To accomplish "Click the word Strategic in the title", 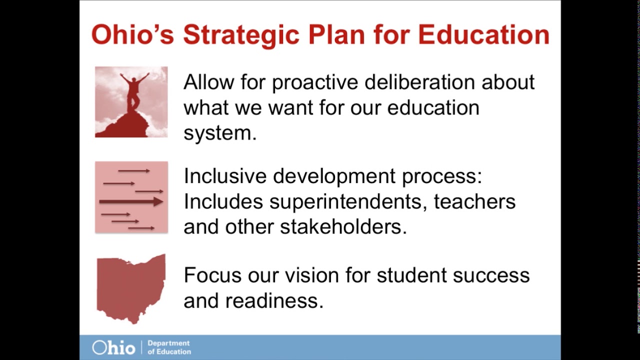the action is [x=241, y=35].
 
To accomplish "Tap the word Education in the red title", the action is [x=484, y=35].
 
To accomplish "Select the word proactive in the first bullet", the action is [x=315, y=83].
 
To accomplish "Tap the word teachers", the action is [x=474, y=201].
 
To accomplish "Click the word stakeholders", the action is [x=343, y=227].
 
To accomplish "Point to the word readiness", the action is [x=274, y=300].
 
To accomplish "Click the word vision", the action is [x=312, y=275].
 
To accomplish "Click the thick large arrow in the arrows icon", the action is [x=131, y=201].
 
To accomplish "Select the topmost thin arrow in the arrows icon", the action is [x=134, y=171].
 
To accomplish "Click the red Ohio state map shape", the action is [x=131, y=288].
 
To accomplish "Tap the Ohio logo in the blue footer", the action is [x=113, y=347].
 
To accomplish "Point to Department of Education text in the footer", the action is [x=169, y=347].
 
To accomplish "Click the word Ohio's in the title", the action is [x=133, y=35].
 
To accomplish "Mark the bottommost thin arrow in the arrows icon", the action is [x=141, y=228].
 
